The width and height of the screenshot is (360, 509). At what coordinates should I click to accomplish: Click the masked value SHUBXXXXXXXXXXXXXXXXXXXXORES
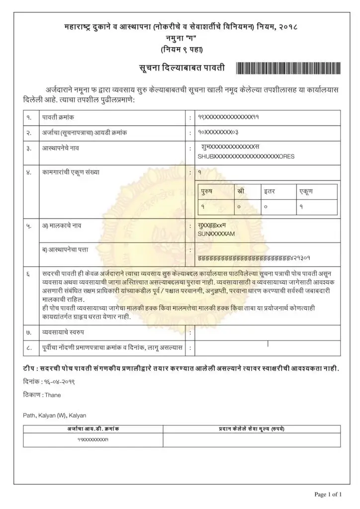point(246,156)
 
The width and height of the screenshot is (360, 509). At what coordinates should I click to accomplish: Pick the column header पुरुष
point(208,191)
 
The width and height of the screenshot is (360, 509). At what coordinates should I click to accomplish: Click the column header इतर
point(270,191)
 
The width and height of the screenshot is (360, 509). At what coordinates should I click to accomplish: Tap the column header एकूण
point(305,191)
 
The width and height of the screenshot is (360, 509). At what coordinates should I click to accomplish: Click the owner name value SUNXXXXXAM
point(216,233)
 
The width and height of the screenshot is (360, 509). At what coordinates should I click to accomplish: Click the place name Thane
point(52,396)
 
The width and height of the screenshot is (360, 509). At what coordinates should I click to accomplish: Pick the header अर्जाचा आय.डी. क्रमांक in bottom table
point(93,428)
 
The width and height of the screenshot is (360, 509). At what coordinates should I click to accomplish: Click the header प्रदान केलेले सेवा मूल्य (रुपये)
point(252,428)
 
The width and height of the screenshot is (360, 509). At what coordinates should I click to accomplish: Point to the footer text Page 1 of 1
point(328,494)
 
